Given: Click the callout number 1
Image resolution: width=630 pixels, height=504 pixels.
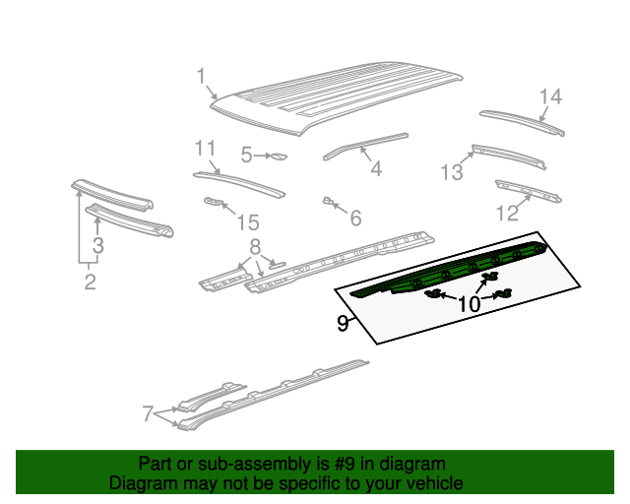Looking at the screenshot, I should pos(201,76).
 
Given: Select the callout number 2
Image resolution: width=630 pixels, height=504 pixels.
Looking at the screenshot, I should pos(90,283).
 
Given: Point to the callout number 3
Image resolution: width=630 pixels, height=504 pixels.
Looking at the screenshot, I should pos(98,245).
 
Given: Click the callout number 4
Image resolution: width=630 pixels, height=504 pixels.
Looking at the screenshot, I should pos(375,168).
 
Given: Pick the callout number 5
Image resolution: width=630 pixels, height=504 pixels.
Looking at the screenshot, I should pos(247,155).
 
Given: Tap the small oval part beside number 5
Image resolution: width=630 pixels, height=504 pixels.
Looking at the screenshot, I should pos(278,156).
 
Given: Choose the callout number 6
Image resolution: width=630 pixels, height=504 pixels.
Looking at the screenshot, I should pos(355,217).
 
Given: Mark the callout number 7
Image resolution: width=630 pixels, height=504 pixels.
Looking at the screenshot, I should pos(148,414).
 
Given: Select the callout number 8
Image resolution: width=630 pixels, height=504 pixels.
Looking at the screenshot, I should pos(254,246).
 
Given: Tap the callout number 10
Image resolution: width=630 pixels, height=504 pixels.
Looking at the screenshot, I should pos(469,304).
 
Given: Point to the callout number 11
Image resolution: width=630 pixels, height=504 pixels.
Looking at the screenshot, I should pos(204,149).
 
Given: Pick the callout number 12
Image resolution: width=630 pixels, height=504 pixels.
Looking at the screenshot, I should pos(506,213).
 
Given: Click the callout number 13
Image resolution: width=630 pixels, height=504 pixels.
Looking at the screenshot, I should pos(451,173).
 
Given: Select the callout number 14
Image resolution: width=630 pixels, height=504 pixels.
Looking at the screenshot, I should pos(549,96).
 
